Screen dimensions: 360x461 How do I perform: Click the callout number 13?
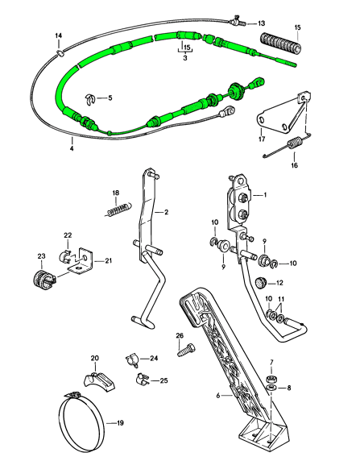261,23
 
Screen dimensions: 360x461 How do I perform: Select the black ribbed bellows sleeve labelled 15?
281,44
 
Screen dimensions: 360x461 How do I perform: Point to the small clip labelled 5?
90,99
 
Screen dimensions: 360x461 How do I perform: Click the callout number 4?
72,148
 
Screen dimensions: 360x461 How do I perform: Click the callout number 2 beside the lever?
167,212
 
